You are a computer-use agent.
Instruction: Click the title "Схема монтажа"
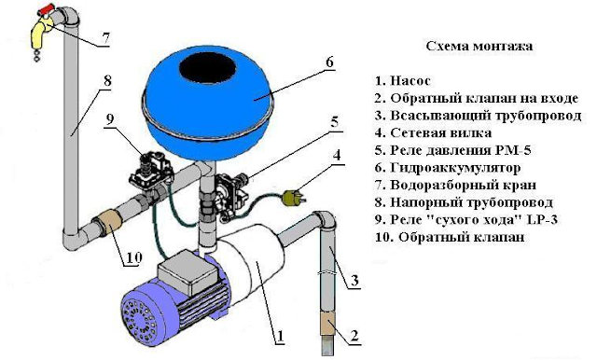point(479,46)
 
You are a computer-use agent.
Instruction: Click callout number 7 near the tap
point(105,38)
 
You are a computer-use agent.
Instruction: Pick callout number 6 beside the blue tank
point(329,62)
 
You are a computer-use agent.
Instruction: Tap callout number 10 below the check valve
point(133,257)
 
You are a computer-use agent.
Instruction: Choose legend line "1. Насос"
point(402,81)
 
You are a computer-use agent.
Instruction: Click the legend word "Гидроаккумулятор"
point(455,168)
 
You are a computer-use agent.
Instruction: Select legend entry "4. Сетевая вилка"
point(433,132)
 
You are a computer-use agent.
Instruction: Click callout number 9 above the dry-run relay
point(110,119)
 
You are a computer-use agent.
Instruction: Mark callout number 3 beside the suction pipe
point(354,281)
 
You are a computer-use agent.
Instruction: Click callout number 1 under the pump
point(280,337)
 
